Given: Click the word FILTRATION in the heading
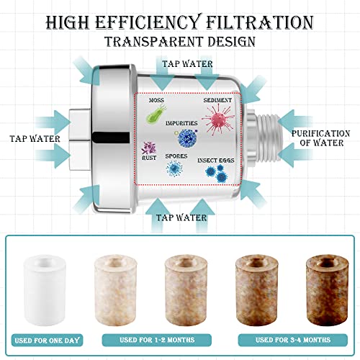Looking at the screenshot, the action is (x=260, y=22).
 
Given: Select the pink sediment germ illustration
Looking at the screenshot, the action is (x=218, y=120).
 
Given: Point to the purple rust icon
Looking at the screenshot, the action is (x=149, y=148).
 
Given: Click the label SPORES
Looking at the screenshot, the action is (x=176, y=156).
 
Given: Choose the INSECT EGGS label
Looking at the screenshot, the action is (x=216, y=161).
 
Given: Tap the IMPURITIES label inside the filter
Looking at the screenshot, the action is (x=181, y=123).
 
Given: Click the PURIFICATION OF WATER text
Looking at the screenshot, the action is (x=321, y=138).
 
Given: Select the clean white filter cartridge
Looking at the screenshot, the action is (x=45, y=290).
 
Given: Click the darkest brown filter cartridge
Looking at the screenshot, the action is (x=327, y=290).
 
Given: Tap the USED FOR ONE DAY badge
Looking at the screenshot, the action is (x=47, y=341).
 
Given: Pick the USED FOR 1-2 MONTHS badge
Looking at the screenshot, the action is (x=157, y=340).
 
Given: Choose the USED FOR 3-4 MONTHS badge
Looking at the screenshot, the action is (x=293, y=340).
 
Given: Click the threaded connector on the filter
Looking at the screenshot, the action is (x=268, y=137).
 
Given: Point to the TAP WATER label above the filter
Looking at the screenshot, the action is (x=187, y=64).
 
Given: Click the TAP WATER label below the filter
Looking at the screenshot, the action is (x=181, y=217).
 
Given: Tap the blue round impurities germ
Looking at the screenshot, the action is (x=187, y=138).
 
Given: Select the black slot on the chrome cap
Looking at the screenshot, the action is (x=111, y=138).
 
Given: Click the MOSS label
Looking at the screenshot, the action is (x=156, y=100).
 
